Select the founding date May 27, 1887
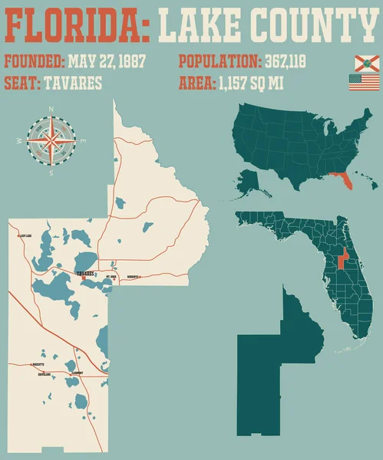point(107,61)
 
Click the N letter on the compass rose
point(51,110)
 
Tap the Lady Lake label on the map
point(25,237)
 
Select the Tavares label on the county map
point(84,273)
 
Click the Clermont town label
point(76,373)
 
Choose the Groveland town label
point(45,374)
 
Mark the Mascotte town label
point(37,364)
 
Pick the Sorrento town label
point(133,276)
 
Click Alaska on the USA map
point(249,182)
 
